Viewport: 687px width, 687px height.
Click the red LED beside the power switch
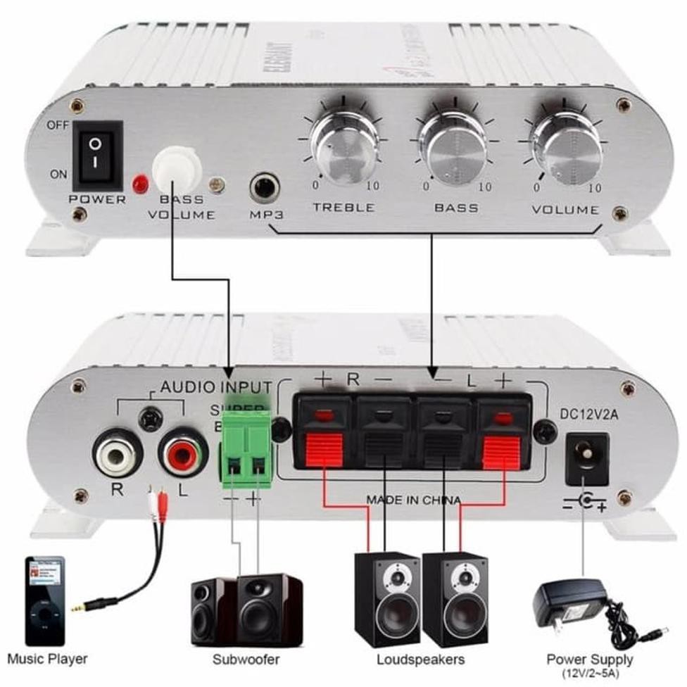[x=140, y=184]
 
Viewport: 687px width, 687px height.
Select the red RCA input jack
[x=182, y=455]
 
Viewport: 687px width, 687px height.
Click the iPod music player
[x=45, y=600]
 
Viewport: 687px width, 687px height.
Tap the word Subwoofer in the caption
[x=246, y=660]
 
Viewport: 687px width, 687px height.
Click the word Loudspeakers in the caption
[x=420, y=660]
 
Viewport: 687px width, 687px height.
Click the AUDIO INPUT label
[x=215, y=386]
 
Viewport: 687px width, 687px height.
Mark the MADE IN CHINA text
[x=413, y=500]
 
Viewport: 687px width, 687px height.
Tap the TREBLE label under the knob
[x=343, y=207]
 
